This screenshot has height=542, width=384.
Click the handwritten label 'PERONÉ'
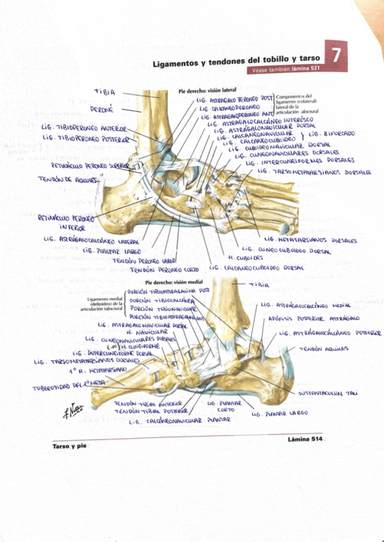coord(102,109)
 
